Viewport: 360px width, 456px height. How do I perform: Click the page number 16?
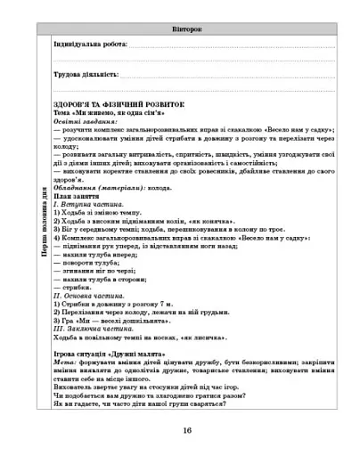point(186,430)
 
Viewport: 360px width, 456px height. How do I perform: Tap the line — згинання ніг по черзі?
point(94,272)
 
